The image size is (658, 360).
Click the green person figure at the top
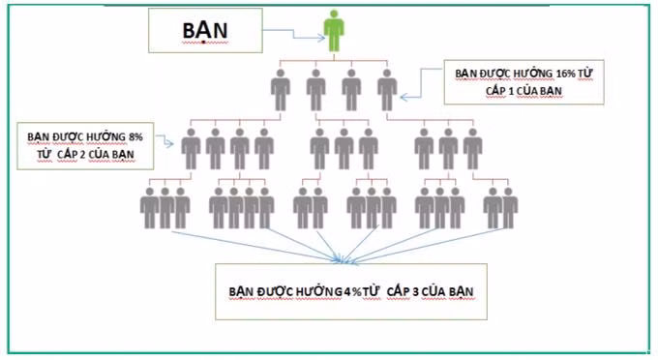coord(333,33)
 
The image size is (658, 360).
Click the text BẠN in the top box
coord(203,32)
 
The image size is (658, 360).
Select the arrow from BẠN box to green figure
coord(290,37)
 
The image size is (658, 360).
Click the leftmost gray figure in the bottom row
coord(149,207)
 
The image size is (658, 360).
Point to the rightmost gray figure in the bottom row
coord(509,207)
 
